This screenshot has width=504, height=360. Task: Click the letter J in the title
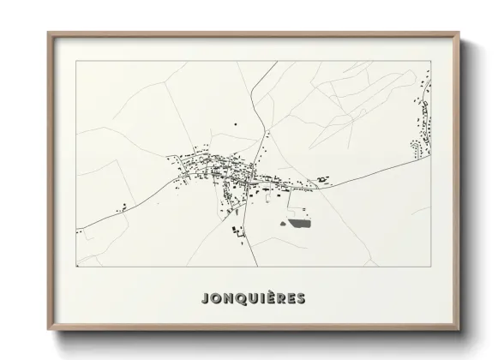(x=204, y=299)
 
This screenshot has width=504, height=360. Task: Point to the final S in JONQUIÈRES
(x=298, y=299)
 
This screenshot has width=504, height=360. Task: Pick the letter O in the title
(x=215, y=299)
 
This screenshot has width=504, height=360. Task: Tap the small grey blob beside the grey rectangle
(x=283, y=224)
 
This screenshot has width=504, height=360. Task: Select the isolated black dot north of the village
(x=236, y=125)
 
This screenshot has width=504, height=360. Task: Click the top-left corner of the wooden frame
(x=49, y=33)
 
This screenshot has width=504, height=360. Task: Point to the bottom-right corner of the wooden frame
(x=459, y=330)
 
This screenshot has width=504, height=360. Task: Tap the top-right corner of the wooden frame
(x=459, y=33)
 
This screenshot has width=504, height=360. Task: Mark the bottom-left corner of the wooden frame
(x=49, y=330)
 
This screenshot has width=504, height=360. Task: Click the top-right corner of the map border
(x=430, y=61)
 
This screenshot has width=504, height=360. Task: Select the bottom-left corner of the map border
(x=77, y=267)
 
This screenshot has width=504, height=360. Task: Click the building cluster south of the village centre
(x=237, y=229)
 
